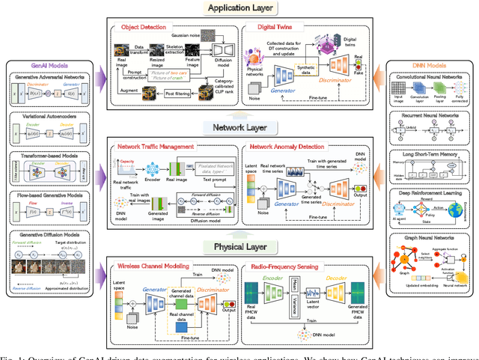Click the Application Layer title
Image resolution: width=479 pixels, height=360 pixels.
[239, 8]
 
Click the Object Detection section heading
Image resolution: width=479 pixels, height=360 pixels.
[139, 27]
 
